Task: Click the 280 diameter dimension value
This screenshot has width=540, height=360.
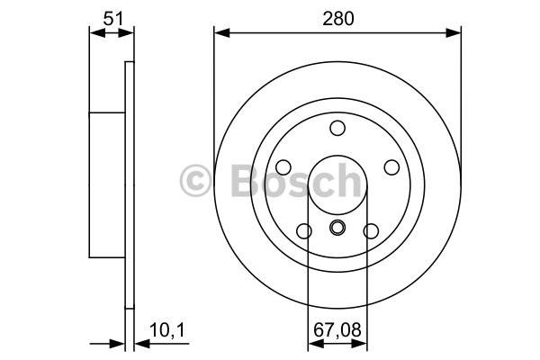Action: pos(337,19)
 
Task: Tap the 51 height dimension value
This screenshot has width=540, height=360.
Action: pos(113,19)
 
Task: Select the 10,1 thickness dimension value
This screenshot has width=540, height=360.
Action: pos(167,330)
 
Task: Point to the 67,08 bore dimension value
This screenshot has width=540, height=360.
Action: pos(337,330)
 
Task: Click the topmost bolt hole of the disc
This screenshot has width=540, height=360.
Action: pos(337,128)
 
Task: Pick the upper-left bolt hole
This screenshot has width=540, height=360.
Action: pos(283,167)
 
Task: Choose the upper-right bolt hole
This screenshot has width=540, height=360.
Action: pos(391,167)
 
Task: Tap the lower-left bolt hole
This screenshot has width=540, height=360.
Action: pos(304,230)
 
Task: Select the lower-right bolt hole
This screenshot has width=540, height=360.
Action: pos(371,230)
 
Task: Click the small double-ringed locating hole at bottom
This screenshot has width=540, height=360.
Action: pos(337,228)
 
